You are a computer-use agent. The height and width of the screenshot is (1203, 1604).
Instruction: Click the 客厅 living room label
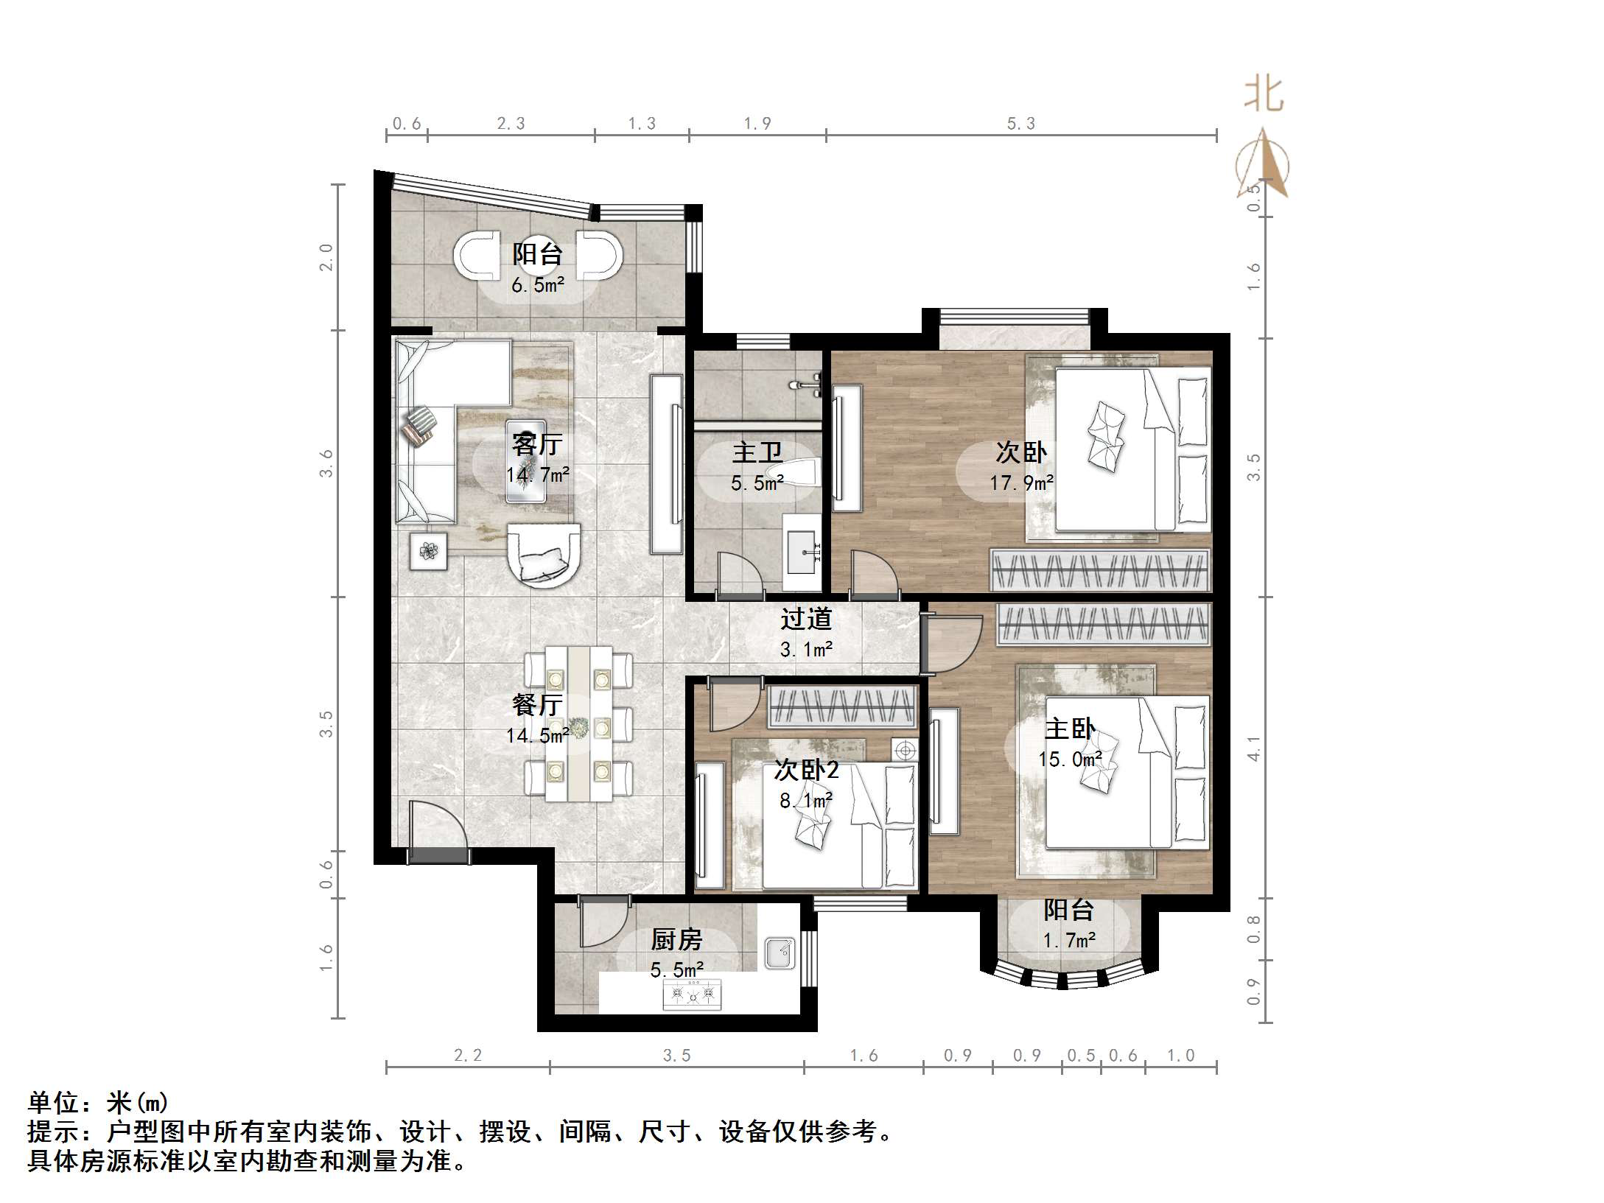(537, 444)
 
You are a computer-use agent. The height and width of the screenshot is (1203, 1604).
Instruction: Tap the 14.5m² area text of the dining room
(537, 735)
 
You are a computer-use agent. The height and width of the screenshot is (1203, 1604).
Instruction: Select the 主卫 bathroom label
(757, 452)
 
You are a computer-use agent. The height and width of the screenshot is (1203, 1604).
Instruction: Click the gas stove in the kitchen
(693, 995)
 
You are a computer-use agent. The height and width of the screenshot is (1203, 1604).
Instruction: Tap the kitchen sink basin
(780, 953)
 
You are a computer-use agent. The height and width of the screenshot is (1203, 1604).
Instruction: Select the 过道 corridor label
(806, 619)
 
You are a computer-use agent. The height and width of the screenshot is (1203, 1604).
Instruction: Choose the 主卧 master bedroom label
(1069, 729)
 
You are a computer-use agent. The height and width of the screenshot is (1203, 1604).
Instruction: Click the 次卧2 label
(806, 770)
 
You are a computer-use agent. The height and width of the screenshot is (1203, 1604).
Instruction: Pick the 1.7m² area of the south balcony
(1069, 940)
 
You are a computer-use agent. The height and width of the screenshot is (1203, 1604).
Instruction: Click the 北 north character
(1264, 95)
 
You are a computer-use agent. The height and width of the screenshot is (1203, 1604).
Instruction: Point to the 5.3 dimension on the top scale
(1021, 124)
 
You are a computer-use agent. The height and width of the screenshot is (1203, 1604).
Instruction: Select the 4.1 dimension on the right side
(1253, 748)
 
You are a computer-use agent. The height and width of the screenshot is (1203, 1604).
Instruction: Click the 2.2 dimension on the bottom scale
(468, 1055)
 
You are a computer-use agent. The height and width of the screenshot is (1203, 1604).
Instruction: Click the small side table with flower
(429, 550)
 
